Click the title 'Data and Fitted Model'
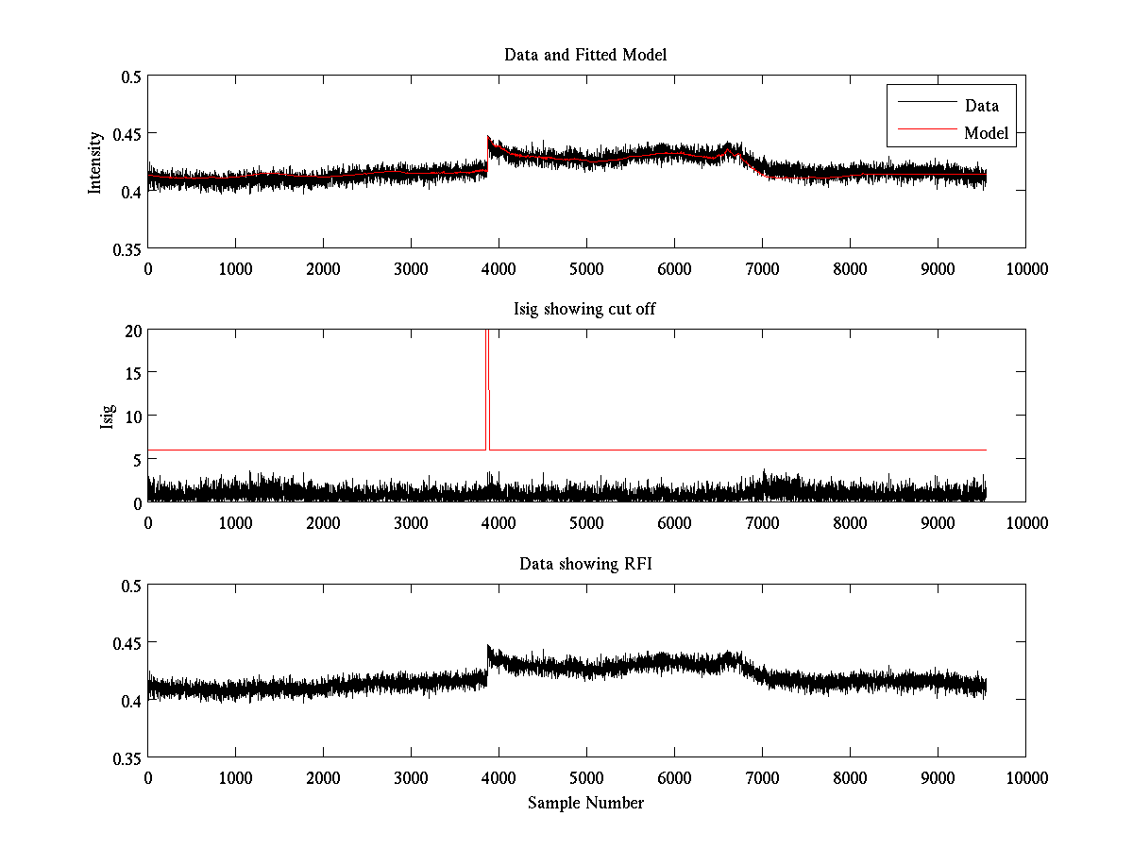click(585, 55)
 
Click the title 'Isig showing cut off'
click(585, 310)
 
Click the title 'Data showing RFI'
click(585, 565)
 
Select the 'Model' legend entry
click(986, 133)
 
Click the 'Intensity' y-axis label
click(94, 162)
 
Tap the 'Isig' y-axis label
click(107, 416)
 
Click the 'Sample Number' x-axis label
click(585, 803)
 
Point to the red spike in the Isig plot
click(487, 378)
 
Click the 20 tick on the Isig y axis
click(132, 331)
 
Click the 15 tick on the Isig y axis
click(132, 373)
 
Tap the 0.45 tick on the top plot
click(127, 133)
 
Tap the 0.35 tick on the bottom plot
click(127, 757)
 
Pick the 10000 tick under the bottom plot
click(1025, 778)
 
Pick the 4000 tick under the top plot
click(499, 268)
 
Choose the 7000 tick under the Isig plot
click(762, 523)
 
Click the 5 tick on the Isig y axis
click(136, 459)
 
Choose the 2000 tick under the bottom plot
click(323, 778)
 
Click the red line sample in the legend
click(925, 133)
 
